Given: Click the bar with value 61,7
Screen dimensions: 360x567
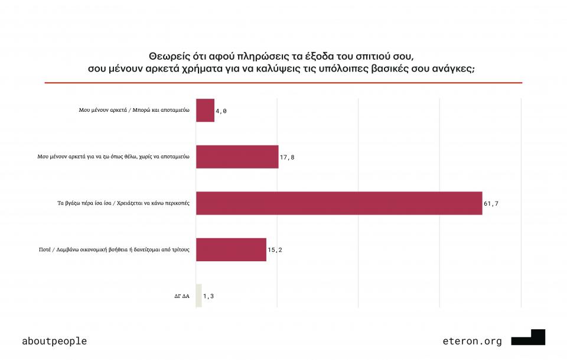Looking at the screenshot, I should point(339,203).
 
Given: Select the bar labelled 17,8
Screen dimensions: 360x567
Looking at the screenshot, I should point(237,157).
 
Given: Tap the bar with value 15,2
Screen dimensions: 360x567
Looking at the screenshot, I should point(231,249).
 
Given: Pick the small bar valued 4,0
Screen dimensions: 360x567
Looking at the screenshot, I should point(205,111).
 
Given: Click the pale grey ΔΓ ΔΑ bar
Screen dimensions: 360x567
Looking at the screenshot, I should point(198,296).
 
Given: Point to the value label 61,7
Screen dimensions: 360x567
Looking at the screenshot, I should point(491,204).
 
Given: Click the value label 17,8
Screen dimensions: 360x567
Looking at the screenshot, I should point(288,157).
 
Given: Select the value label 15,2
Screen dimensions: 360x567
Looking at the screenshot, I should point(275,250).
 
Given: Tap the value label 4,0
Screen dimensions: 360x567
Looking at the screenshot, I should point(221,111).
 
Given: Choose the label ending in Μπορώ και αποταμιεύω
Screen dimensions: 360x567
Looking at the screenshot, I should point(134,111).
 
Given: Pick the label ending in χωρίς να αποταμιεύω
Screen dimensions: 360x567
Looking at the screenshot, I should point(113,157).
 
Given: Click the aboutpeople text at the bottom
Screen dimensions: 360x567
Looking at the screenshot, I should point(54,341).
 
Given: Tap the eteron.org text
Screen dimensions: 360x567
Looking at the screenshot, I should point(472,341).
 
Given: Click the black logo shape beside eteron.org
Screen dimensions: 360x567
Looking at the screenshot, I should point(529,338).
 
